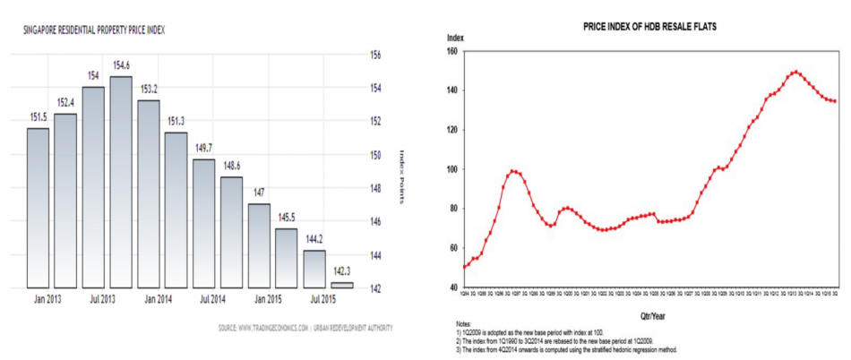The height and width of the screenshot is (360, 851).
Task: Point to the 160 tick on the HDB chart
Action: [451, 52]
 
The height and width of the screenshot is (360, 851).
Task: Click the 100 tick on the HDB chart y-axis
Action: [451, 169]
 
